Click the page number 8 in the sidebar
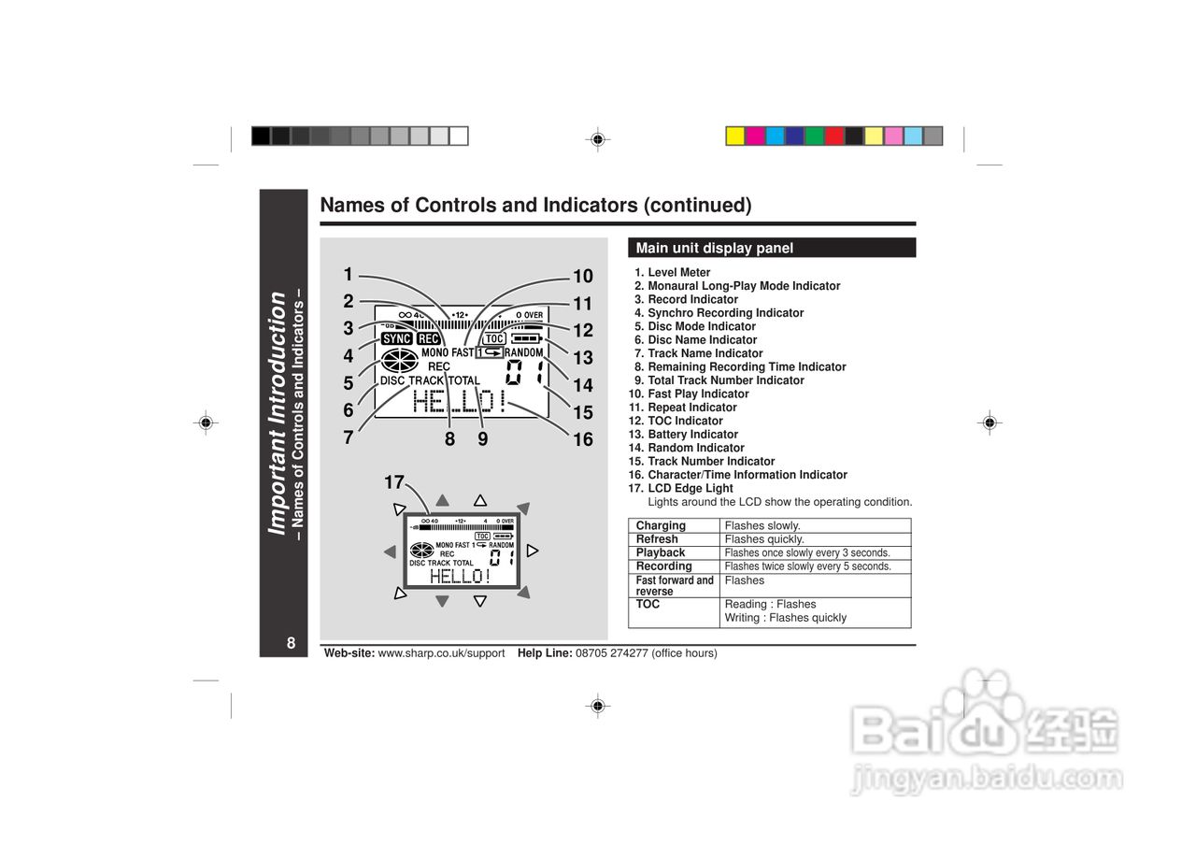coord(291,642)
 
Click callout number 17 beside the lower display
coord(393,482)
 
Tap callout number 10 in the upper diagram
coord(583,276)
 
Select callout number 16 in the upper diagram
coord(583,439)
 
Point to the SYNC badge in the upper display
coord(397,338)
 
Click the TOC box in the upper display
coord(494,338)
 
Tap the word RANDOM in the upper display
coord(523,352)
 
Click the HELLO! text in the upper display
coord(460,403)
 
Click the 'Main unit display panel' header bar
coord(772,248)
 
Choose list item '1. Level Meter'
coord(673,272)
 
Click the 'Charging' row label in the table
coord(661,525)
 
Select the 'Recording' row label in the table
coord(663,566)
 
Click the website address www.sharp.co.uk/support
coord(441,653)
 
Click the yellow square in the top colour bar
coord(735,136)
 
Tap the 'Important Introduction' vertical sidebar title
coord(277,413)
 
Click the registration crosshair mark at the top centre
coord(597,140)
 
